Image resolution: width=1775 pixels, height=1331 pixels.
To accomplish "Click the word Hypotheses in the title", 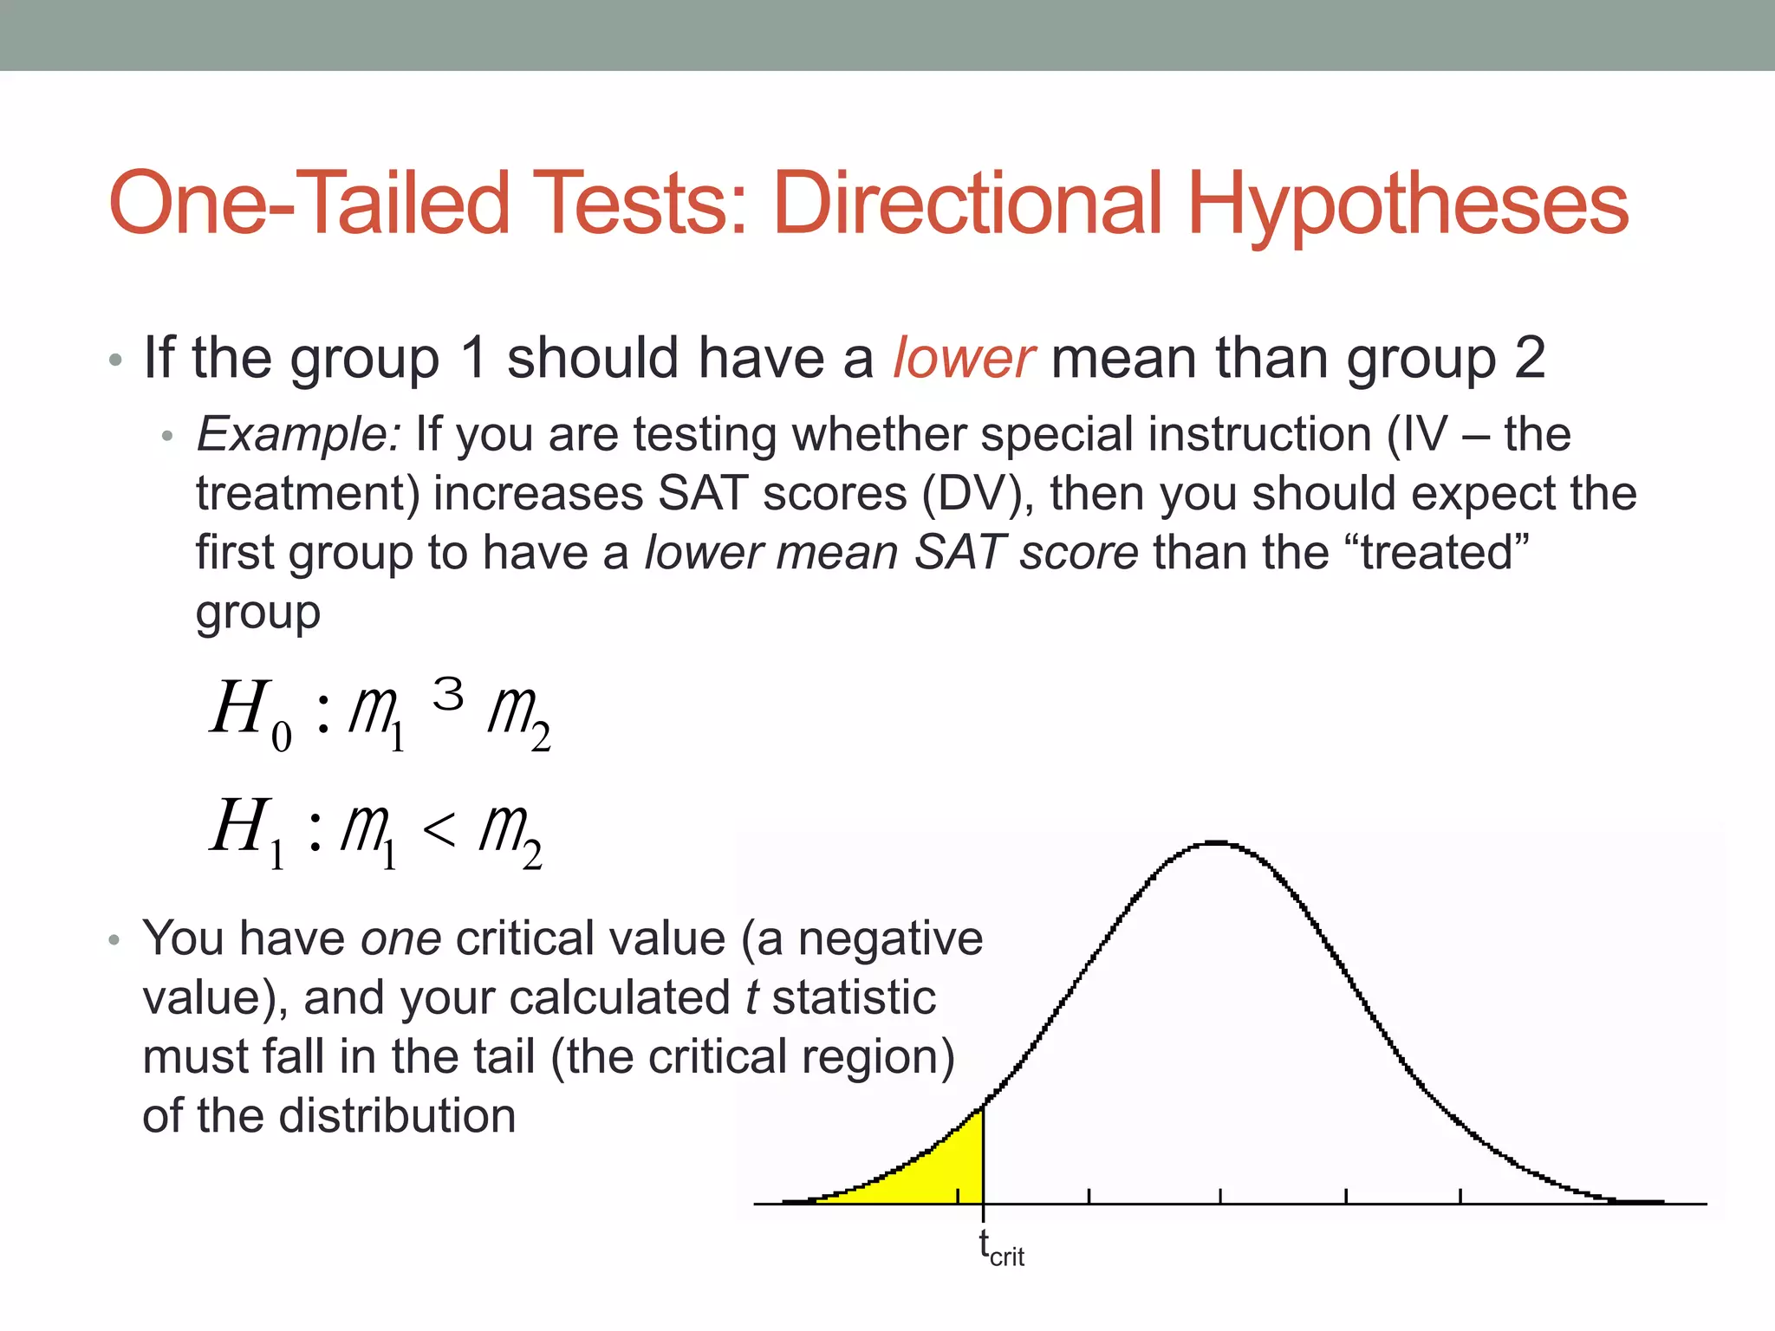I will click(1408, 205).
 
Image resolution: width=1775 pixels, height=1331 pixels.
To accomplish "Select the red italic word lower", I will click(963, 358).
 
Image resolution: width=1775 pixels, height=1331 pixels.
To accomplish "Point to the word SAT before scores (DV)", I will click(702, 493).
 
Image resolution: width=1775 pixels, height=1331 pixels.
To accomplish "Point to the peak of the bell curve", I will click(1218, 842).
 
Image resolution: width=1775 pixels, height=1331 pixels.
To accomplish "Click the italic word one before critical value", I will click(400, 938).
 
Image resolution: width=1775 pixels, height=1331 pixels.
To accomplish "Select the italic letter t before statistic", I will click(751, 997).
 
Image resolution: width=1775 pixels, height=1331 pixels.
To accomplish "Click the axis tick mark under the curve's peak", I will click(1220, 1196).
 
